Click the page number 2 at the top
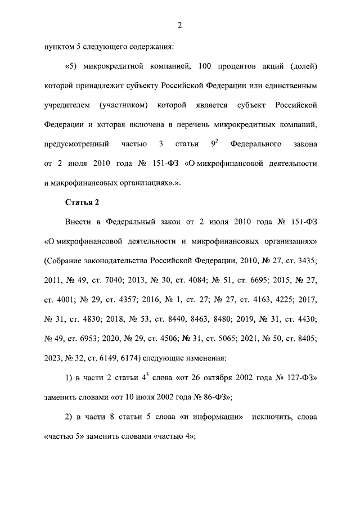tap(179, 25)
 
